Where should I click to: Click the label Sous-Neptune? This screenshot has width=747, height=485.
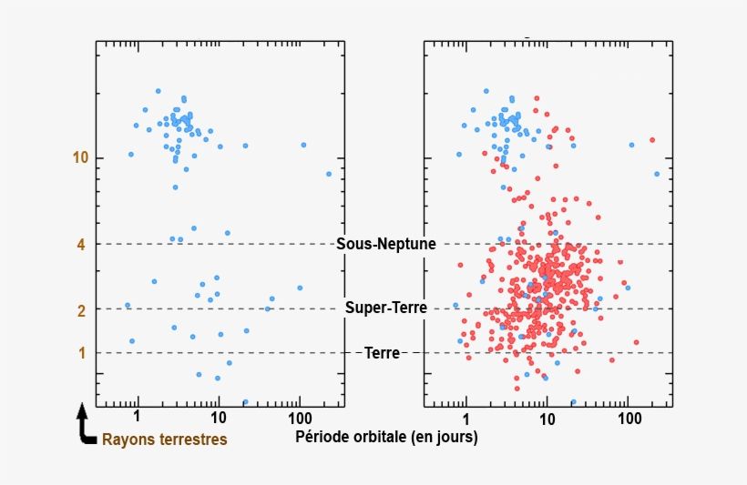click(386, 244)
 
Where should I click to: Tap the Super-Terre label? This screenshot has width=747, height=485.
click(386, 308)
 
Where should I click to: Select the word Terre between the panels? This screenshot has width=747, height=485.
click(383, 353)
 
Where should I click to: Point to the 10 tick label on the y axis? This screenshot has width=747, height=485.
click(80, 158)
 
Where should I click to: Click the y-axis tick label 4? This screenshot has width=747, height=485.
click(80, 245)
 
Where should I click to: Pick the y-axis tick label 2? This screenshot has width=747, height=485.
click(80, 310)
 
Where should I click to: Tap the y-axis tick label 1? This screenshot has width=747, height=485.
click(80, 353)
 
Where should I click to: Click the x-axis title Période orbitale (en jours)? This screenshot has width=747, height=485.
click(386, 437)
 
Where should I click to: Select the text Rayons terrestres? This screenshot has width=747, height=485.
click(164, 440)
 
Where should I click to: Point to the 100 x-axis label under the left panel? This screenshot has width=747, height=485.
click(298, 417)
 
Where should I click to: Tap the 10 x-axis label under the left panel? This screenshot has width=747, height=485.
click(218, 417)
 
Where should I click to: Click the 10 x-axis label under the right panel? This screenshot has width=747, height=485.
click(547, 417)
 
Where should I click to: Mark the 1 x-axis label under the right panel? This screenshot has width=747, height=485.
click(466, 417)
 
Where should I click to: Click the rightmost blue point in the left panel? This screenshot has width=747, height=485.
click(329, 174)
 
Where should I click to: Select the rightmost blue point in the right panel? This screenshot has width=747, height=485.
click(657, 174)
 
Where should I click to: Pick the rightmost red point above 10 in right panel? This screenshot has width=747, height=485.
click(652, 140)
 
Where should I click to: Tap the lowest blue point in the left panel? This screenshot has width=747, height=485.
click(245, 401)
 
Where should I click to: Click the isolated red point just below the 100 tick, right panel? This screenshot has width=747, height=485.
click(636, 342)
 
